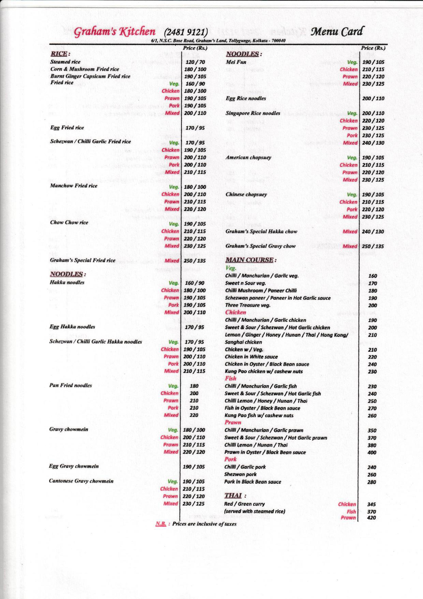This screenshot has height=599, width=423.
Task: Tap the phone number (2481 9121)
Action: click(x=186, y=33)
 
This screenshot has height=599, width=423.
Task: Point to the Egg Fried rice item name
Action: click(x=67, y=128)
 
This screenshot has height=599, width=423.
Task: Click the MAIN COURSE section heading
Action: click(x=249, y=260)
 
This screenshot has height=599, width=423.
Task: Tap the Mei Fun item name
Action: click(x=236, y=62)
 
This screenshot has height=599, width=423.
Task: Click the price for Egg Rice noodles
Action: click(x=373, y=99)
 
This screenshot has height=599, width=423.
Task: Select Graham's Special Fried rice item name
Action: click(x=82, y=260)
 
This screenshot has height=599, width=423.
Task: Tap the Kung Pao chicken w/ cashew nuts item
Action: click(x=264, y=372)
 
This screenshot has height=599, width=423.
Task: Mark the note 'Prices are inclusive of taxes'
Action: click(x=204, y=524)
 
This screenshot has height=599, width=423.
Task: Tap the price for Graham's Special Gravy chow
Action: click(x=373, y=246)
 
